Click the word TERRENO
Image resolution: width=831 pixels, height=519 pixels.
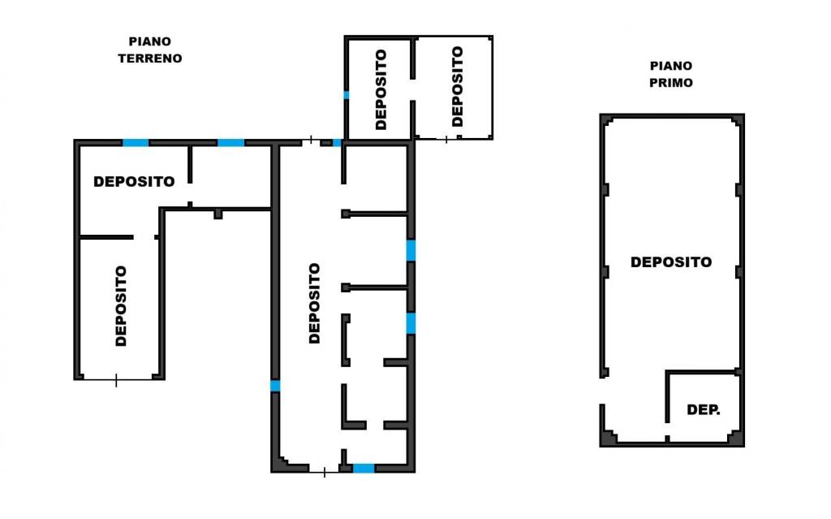[150, 58]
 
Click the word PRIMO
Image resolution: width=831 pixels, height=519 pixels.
[671, 83]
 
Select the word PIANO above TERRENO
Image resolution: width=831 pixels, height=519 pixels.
[150, 41]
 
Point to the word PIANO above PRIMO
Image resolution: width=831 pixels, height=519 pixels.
[671, 66]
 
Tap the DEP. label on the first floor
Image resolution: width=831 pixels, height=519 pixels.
[704, 409]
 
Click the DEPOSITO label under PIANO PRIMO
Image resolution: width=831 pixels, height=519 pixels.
[671, 262]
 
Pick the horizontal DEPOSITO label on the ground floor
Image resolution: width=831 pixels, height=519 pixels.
[134, 181]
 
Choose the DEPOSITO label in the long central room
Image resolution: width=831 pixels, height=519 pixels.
[314, 304]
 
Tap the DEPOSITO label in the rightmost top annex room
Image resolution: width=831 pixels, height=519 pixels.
[457, 86]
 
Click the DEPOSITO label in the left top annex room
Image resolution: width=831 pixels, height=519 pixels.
[381, 89]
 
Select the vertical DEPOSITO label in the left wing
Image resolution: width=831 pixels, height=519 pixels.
[121, 306]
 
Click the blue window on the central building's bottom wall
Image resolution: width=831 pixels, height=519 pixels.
[364, 468]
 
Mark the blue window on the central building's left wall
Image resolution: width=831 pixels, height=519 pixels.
[275, 386]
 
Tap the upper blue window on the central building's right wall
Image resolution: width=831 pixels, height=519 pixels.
[411, 250]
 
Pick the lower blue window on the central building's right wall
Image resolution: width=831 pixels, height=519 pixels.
[411, 323]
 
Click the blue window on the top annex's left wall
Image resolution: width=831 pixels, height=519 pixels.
[346, 95]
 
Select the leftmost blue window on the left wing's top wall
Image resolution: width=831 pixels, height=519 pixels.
[136, 143]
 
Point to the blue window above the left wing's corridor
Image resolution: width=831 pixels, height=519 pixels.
[231, 143]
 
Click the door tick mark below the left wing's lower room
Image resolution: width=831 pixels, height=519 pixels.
[117, 380]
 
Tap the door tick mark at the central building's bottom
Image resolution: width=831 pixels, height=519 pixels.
[325, 472]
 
